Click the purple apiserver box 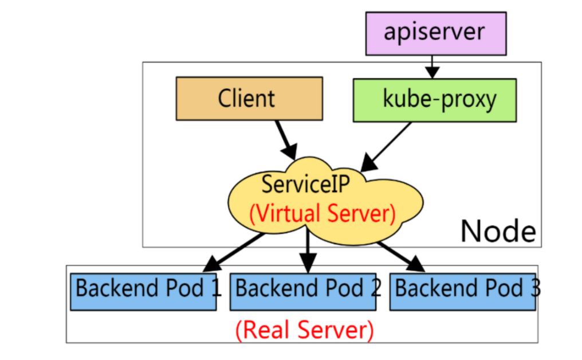[x=436, y=33]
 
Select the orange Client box [x=249, y=99]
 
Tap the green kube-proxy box [x=434, y=100]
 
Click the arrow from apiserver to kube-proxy [x=432, y=65]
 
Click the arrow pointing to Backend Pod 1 [x=232, y=252]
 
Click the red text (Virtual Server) [x=323, y=214]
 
